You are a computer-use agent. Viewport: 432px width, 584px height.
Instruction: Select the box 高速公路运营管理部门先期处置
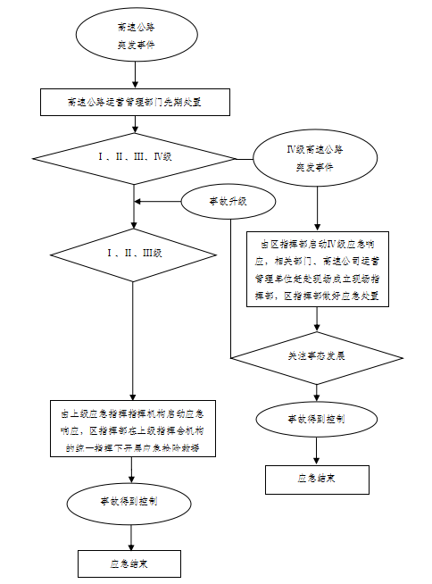point(133,102)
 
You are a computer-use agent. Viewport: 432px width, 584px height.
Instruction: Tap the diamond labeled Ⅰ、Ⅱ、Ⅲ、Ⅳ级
point(133,157)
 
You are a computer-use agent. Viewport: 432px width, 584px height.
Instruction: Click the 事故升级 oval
point(227,202)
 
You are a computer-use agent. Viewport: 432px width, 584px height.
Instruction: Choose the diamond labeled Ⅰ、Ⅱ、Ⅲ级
point(133,253)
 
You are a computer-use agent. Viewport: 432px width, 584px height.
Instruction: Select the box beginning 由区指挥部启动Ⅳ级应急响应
point(318,268)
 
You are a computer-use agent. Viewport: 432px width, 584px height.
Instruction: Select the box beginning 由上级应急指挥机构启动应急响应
point(133,429)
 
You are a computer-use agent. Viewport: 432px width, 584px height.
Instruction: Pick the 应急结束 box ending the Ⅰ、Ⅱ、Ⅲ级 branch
point(130,563)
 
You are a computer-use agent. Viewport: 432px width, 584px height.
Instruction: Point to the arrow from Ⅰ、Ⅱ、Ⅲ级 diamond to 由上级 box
point(133,344)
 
